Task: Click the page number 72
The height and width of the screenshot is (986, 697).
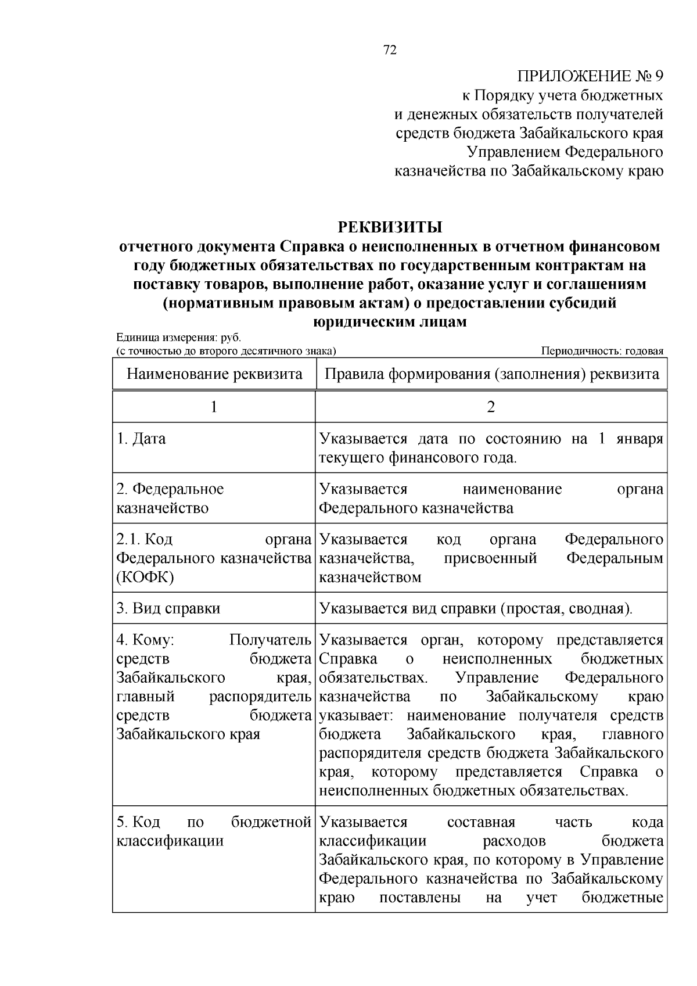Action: [x=390, y=51]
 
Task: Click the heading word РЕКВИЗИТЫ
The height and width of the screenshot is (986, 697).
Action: [x=390, y=227]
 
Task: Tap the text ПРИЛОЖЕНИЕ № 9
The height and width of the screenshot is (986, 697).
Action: [x=590, y=76]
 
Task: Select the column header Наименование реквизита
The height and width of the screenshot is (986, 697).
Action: [x=214, y=374]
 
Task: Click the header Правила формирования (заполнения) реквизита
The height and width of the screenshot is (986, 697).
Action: [x=491, y=374]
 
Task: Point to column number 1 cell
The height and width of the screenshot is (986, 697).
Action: [x=214, y=407]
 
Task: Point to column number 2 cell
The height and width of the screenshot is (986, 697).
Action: [x=491, y=407]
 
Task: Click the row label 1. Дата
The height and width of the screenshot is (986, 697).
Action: [x=141, y=439]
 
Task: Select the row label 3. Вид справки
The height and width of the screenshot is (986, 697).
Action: [x=168, y=608]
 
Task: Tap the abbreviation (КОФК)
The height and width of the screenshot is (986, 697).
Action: [x=145, y=577]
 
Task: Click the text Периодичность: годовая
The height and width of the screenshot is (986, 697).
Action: [x=602, y=351]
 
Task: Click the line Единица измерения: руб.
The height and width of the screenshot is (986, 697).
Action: [x=178, y=338]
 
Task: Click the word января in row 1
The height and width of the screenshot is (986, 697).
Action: [x=639, y=439]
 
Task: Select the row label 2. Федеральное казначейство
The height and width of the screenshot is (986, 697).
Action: [x=170, y=499]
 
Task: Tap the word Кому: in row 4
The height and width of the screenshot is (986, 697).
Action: [x=146, y=640]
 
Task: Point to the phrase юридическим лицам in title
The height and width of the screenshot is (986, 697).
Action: [x=390, y=322]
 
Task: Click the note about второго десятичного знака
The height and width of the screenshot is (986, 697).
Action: [x=226, y=351]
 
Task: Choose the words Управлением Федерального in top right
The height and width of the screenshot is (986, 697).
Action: [x=565, y=152]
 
